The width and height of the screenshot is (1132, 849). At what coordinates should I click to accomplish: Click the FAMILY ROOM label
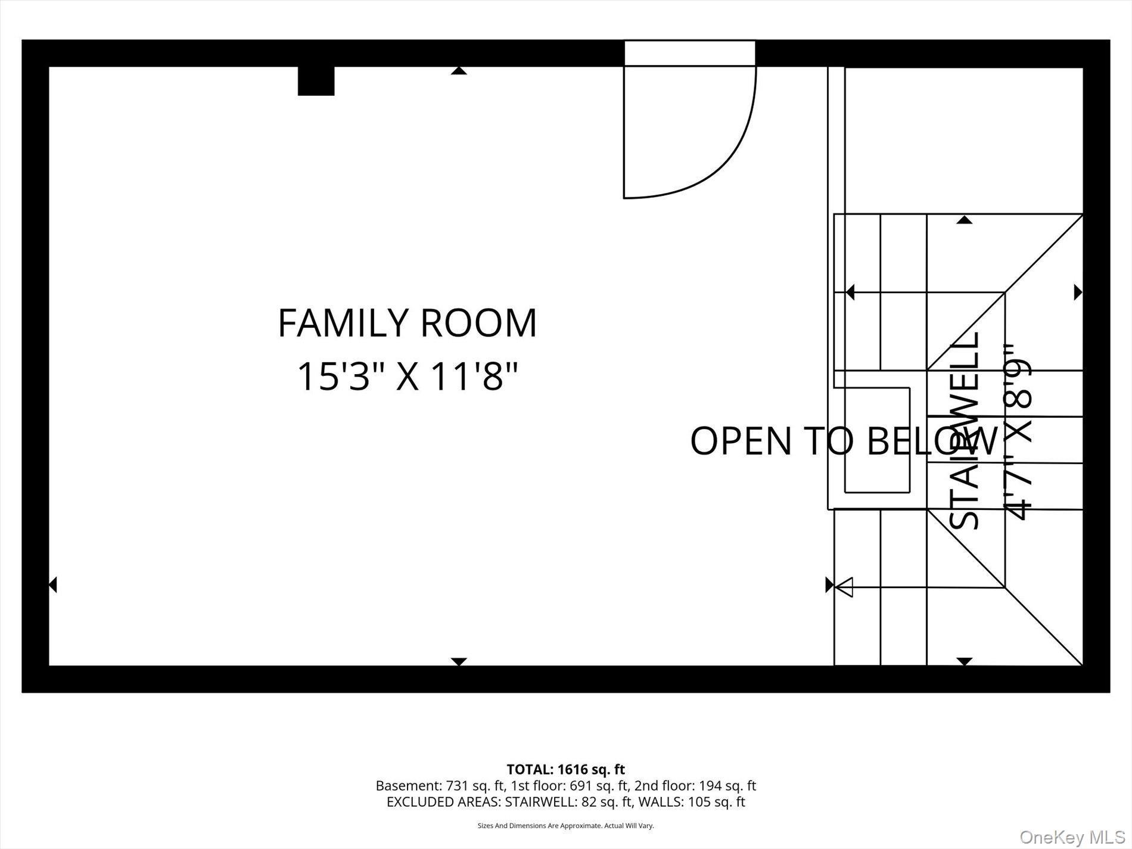pos(408,324)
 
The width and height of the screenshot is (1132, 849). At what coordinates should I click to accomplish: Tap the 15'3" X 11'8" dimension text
pos(408,377)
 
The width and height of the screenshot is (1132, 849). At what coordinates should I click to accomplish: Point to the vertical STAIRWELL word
pos(965,430)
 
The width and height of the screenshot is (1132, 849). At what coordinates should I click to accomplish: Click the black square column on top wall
pos(316,81)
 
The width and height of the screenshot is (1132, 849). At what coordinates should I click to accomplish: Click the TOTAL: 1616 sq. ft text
pos(565,769)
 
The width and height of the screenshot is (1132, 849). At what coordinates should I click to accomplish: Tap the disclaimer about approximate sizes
pos(565,826)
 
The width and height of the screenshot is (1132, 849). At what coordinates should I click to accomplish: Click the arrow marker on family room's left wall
pos(53,584)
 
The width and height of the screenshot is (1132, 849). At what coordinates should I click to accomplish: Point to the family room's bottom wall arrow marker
pos(459,661)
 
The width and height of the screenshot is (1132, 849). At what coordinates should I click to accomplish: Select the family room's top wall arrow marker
pos(459,71)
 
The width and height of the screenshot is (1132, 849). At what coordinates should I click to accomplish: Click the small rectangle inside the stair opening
pos(877,440)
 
